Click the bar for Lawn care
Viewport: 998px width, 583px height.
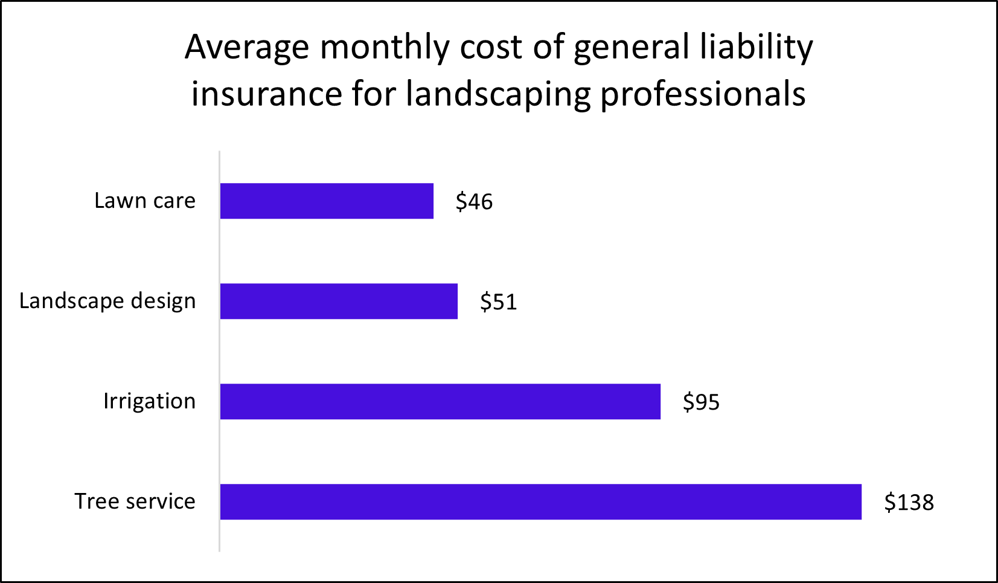point(327,201)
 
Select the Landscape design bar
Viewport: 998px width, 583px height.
point(339,301)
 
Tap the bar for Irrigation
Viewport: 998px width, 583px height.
point(440,402)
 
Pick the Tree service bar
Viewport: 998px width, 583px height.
point(540,502)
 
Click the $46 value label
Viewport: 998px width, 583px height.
point(474,202)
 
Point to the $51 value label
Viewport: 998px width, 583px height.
point(498,302)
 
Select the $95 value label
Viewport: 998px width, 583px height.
point(701,402)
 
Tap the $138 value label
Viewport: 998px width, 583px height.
point(909,503)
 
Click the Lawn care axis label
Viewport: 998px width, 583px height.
point(145,201)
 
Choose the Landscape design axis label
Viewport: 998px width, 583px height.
point(107,301)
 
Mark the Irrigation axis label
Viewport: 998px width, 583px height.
point(149,401)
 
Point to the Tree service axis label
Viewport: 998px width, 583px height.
point(135,501)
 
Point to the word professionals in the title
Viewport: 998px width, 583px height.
point(703,94)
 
